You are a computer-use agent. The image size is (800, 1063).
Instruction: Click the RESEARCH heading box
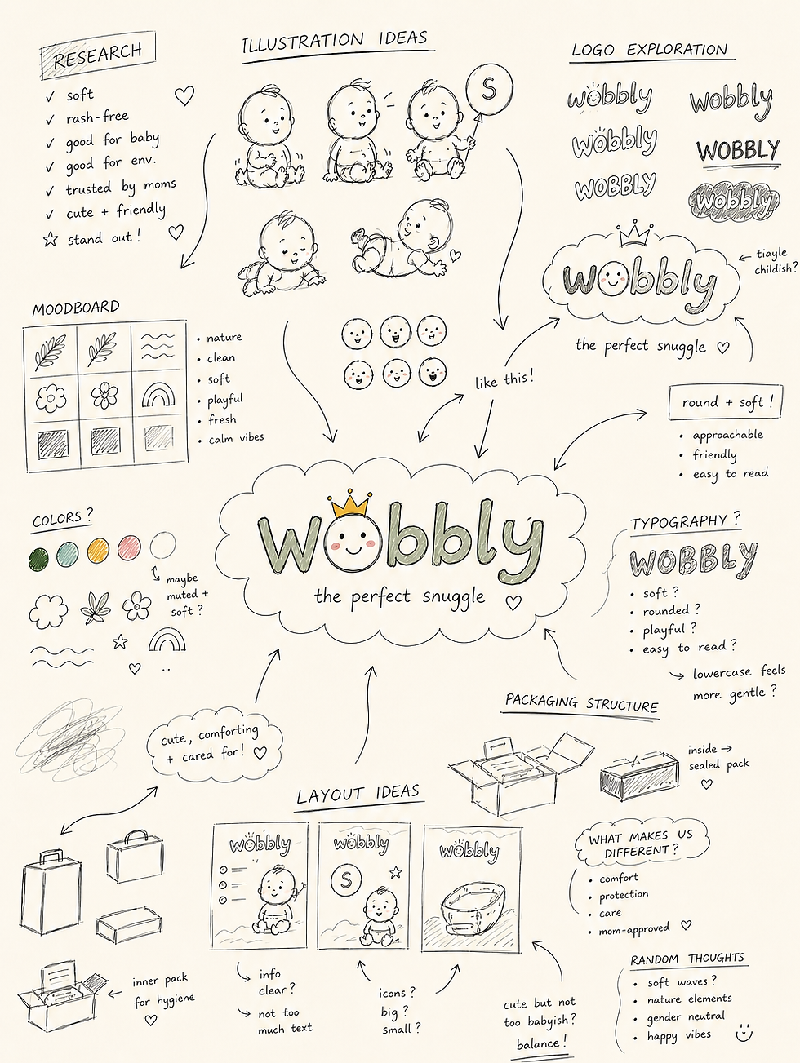(x=98, y=55)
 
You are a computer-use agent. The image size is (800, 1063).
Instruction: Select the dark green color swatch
(x=38, y=559)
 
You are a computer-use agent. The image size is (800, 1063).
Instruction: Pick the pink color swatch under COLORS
(x=129, y=547)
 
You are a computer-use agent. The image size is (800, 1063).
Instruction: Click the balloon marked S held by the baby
(x=488, y=90)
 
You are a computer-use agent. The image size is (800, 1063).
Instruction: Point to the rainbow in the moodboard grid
(x=158, y=395)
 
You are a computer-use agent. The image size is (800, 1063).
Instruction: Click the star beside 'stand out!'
(x=51, y=240)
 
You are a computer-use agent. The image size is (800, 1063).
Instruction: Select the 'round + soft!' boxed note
(x=725, y=402)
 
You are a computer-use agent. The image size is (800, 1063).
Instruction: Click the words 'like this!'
(x=504, y=379)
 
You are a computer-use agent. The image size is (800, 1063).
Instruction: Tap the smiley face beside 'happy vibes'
(x=744, y=1034)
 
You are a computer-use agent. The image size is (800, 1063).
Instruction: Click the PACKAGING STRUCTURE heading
(x=581, y=702)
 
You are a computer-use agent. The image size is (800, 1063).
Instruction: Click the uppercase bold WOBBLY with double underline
(x=738, y=152)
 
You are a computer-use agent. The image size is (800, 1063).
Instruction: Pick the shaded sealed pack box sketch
(x=639, y=777)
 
